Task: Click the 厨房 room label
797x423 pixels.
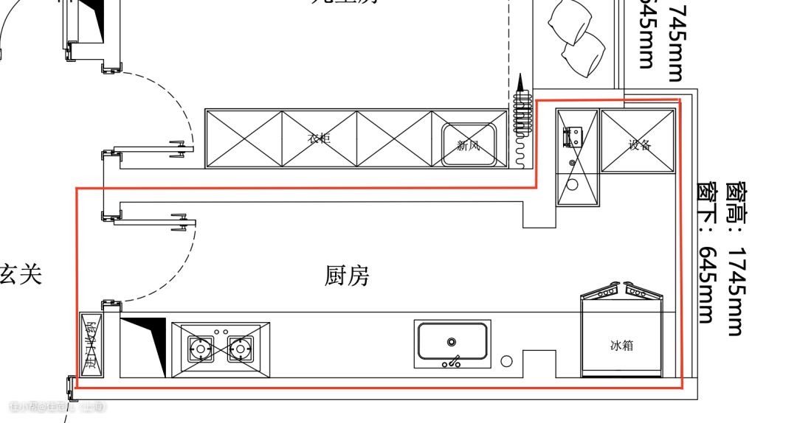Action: click(346, 276)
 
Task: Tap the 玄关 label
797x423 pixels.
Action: click(21, 273)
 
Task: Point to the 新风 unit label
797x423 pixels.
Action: click(468, 145)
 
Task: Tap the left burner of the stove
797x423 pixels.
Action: click(200, 347)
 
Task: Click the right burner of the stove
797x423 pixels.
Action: click(239, 347)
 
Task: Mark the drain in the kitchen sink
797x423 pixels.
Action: click(451, 342)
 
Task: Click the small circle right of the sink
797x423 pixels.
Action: click(506, 361)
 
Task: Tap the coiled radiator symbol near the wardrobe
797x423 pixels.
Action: click(521, 118)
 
